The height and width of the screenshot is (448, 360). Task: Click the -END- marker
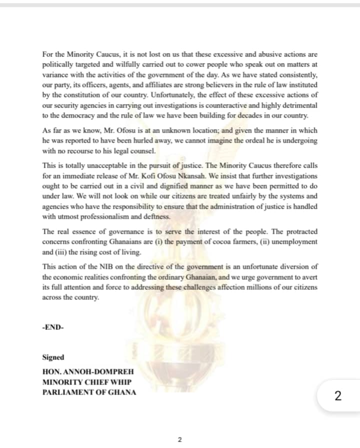52,328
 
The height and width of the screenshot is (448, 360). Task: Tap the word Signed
53,357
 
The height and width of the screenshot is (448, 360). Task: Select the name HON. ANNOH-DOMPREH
88,373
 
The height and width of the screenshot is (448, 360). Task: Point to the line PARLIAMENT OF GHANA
89,392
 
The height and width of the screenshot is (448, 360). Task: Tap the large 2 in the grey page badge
338,396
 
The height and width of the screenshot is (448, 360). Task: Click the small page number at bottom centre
180,439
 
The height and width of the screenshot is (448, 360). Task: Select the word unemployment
293,242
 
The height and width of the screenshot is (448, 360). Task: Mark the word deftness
156,217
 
